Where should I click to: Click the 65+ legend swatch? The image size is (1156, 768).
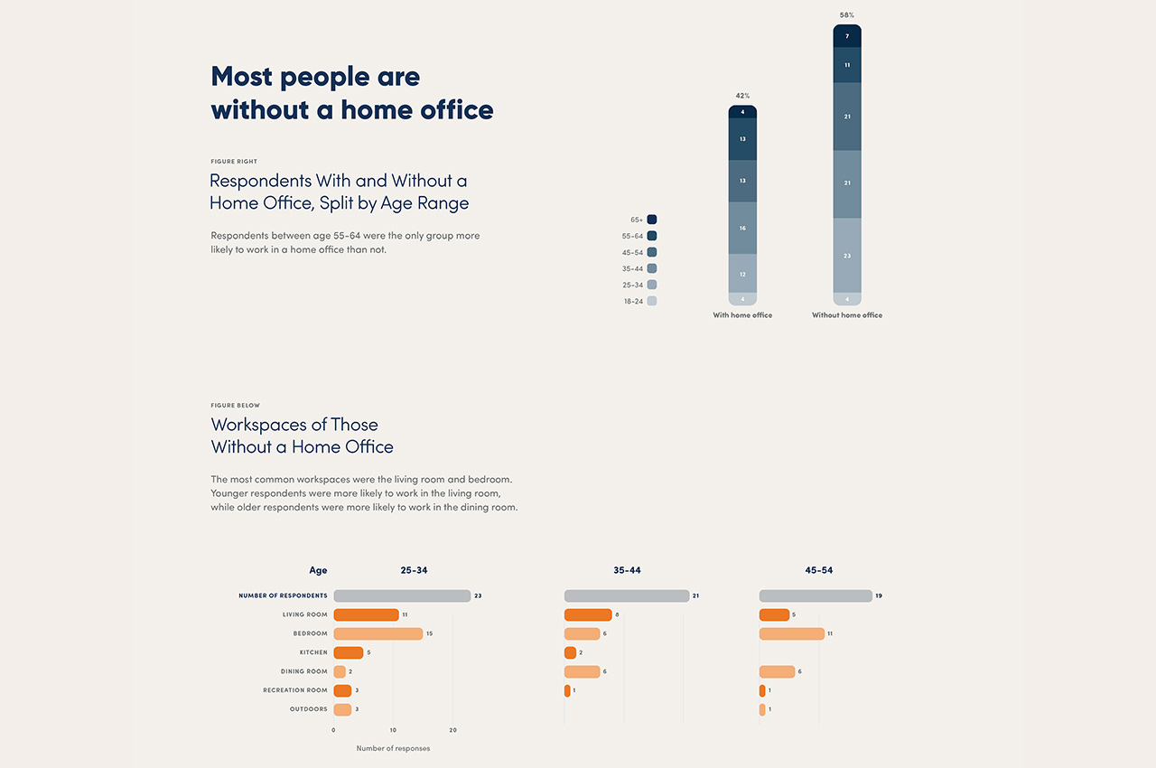pyautogui.click(x=652, y=220)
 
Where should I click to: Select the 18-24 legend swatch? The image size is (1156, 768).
pyautogui.click(x=652, y=301)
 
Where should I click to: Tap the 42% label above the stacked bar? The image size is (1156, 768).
pyautogui.click(x=742, y=96)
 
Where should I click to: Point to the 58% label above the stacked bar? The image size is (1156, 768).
pyautogui.click(x=846, y=15)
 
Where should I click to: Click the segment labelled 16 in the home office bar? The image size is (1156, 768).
pyautogui.click(x=742, y=228)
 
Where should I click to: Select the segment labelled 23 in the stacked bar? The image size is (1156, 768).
pyautogui.click(x=847, y=256)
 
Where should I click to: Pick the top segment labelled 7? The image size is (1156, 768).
pyautogui.click(x=847, y=36)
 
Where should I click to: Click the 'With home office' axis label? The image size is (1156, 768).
pyautogui.click(x=742, y=315)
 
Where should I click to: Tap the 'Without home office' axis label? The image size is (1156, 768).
pyautogui.click(x=847, y=315)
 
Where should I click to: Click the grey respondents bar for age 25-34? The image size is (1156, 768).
pyautogui.click(x=402, y=596)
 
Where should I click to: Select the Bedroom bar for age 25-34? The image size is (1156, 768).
pyautogui.click(x=378, y=633)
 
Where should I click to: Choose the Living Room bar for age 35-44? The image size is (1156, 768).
pyautogui.click(x=588, y=615)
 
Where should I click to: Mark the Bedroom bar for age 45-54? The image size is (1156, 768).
pyautogui.click(x=792, y=633)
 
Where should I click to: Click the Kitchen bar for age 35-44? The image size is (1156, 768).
pyautogui.click(x=570, y=652)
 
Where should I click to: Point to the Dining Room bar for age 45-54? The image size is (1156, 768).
pyautogui.click(x=777, y=671)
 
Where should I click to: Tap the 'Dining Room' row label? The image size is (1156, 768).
pyautogui.click(x=303, y=671)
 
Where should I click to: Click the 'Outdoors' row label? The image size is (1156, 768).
pyautogui.click(x=308, y=709)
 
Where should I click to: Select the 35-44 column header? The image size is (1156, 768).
pyautogui.click(x=627, y=571)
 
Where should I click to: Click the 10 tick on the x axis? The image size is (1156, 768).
pyautogui.click(x=393, y=730)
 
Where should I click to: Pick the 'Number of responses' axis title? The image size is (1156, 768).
pyautogui.click(x=393, y=748)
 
